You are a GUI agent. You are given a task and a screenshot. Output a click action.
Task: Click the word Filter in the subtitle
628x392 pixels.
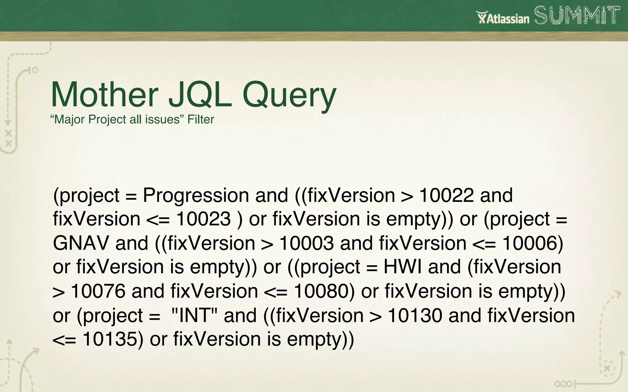[201, 119]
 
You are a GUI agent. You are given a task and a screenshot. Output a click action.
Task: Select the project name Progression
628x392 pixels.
[196, 195]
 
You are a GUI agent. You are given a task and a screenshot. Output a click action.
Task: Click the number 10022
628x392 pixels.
[446, 195]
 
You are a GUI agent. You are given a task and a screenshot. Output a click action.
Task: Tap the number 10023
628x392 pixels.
[203, 219]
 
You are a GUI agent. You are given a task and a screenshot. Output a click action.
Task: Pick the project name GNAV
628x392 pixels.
[81, 243]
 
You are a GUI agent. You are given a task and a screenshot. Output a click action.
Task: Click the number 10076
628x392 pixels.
[98, 291]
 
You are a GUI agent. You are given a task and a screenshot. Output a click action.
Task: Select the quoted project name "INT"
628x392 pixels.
[194, 315]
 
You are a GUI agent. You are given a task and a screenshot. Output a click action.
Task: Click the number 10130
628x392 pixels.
[415, 315]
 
